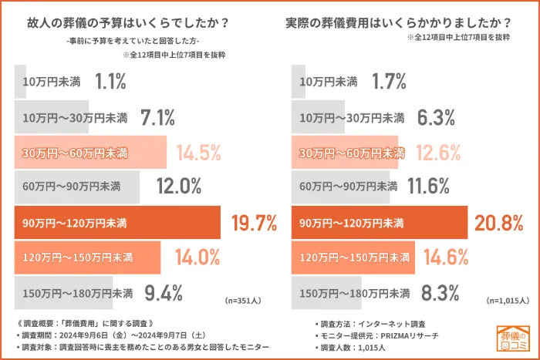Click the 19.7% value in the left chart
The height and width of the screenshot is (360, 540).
coord(254,224)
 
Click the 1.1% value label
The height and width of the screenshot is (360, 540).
coord(110,81)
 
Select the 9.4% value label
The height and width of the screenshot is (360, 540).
coord(163,293)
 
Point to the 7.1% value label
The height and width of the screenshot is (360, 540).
coord(157,117)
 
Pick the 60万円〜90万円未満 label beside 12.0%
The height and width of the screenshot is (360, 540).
coord(72,187)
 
